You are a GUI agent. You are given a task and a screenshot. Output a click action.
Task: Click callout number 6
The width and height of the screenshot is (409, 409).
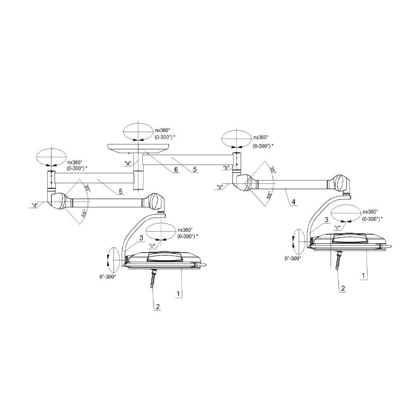coord(176,170)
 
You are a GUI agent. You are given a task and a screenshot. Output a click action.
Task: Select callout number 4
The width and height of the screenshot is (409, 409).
coord(293,202)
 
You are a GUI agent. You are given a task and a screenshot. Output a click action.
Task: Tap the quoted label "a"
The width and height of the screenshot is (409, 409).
coord(128,164)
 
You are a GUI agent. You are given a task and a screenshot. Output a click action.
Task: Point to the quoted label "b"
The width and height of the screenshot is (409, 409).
coord(226,167)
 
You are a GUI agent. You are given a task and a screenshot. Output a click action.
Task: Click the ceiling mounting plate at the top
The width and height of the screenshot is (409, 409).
coord(138,148)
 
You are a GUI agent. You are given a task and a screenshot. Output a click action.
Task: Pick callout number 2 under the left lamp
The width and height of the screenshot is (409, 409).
coord(158,306)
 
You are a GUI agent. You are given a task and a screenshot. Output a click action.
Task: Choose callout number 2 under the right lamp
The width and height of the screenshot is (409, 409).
coord(343,288)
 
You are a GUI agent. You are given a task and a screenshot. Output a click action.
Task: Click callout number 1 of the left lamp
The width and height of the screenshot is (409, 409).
coord(178,294)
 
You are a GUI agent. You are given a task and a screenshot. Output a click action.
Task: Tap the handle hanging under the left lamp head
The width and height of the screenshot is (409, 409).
coord(153,279)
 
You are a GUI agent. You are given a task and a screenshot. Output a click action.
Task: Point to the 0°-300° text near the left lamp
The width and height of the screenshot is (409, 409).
coord(108,277)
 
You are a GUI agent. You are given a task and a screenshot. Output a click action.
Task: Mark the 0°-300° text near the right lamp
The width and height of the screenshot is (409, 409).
coord(293,258)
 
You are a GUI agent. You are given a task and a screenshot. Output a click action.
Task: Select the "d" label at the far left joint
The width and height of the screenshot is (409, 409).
coord(34,205)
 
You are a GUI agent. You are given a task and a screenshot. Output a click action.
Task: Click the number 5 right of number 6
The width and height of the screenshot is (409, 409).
coord(195,169)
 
